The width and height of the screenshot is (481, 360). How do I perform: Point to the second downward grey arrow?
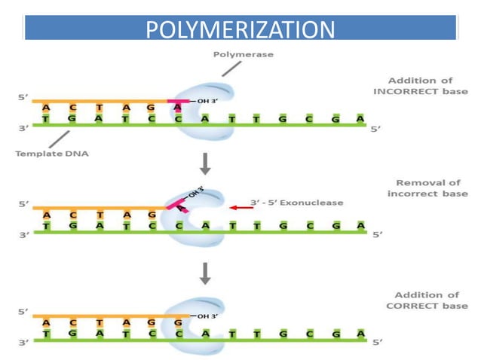(x=203, y=274)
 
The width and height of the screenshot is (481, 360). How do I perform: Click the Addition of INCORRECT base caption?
(x=421, y=86)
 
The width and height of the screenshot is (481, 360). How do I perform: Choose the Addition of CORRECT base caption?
(x=421, y=301)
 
